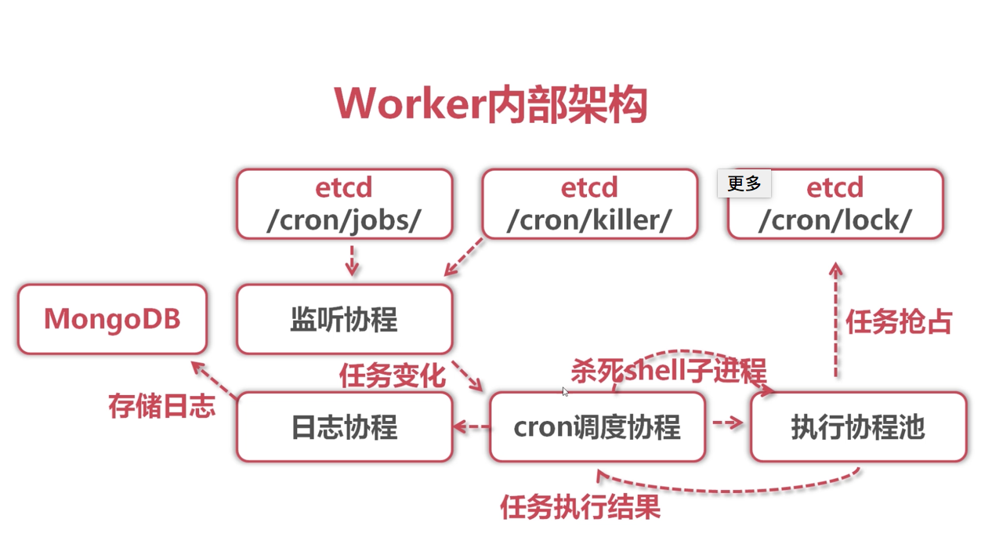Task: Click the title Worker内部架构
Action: (x=491, y=104)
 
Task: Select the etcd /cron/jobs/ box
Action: (x=345, y=204)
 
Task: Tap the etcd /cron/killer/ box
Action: (x=589, y=204)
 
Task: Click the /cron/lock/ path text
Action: (x=835, y=220)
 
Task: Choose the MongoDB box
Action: (x=112, y=319)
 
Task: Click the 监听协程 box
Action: (x=345, y=319)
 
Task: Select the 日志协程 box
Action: (x=345, y=427)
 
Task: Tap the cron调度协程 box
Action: (x=597, y=427)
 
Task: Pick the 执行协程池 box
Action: (x=858, y=427)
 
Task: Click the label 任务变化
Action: (x=392, y=375)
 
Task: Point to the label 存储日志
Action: (x=161, y=406)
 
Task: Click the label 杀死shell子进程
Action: (x=668, y=370)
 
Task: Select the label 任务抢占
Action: (x=899, y=321)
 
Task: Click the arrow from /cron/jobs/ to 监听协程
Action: (x=352, y=260)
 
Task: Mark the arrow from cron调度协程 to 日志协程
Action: (x=472, y=427)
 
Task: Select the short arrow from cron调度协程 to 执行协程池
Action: (x=728, y=423)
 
